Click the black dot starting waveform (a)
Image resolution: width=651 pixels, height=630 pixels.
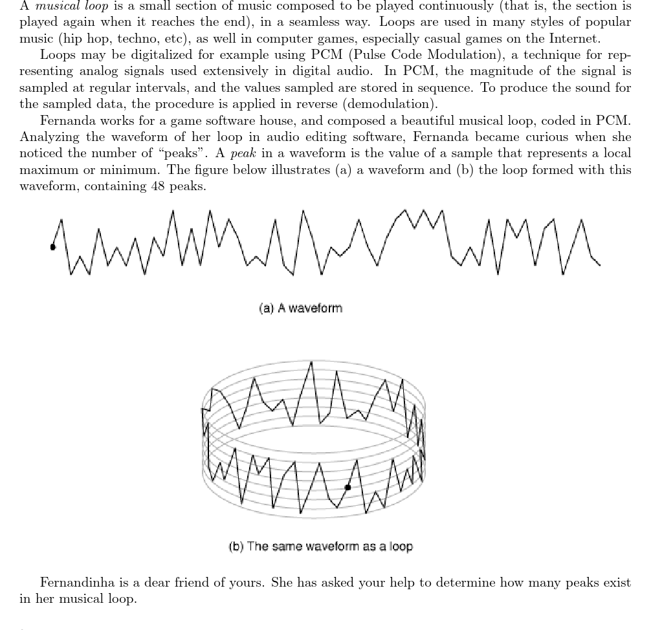(53, 246)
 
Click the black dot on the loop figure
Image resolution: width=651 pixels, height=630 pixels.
(348, 487)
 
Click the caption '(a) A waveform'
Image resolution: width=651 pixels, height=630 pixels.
(300, 308)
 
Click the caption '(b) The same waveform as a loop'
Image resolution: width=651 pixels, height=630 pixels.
(320, 547)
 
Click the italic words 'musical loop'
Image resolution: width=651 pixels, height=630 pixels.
(72, 6)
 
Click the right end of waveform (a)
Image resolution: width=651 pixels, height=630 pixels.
(599, 264)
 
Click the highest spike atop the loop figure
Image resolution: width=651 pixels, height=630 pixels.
(311, 364)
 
